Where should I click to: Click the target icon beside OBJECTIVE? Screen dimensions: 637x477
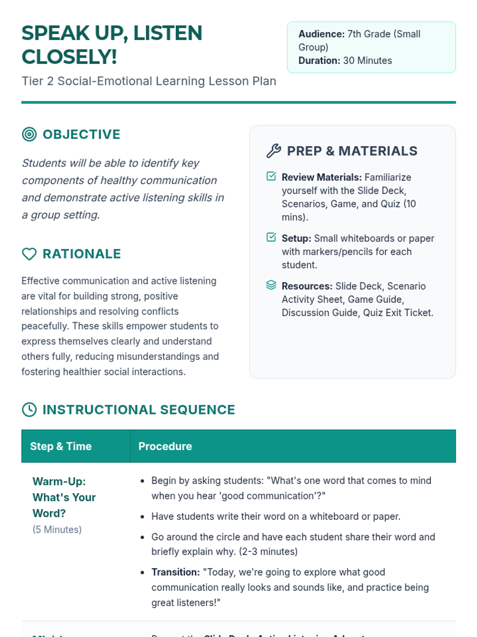[x=29, y=135]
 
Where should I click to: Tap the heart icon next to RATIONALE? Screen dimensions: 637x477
[x=29, y=254]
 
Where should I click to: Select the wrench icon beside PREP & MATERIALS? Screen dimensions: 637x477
[x=273, y=151]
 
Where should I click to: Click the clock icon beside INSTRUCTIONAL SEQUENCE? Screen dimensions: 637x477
[x=29, y=410]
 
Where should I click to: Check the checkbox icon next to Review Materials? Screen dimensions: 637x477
[x=271, y=176]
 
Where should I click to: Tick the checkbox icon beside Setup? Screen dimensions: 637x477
[x=271, y=237]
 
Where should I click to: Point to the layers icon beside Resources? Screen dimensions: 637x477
[x=271, y=285]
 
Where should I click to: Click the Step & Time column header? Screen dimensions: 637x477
[x=61, y=446]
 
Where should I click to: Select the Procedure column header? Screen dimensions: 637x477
[x=165, y=446]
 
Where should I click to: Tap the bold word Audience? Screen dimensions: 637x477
[x=321, y=34]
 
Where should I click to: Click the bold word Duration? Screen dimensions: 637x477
[x=319, y=61]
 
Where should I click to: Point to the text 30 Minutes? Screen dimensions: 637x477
[x=367, y=61]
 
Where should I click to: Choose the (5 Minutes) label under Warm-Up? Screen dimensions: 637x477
[x=57, y=530]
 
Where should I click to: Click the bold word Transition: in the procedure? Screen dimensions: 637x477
[x=175, y=572]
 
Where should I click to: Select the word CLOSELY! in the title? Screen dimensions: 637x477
[x=69, y=57]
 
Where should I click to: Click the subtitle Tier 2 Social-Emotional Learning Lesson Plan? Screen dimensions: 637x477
[x=149, y=81]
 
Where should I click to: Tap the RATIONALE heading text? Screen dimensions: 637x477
[x=81, y=254]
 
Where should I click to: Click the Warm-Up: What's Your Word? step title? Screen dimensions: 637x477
[x=64, y=497]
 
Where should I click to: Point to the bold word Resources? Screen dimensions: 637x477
[x=307, y=286]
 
